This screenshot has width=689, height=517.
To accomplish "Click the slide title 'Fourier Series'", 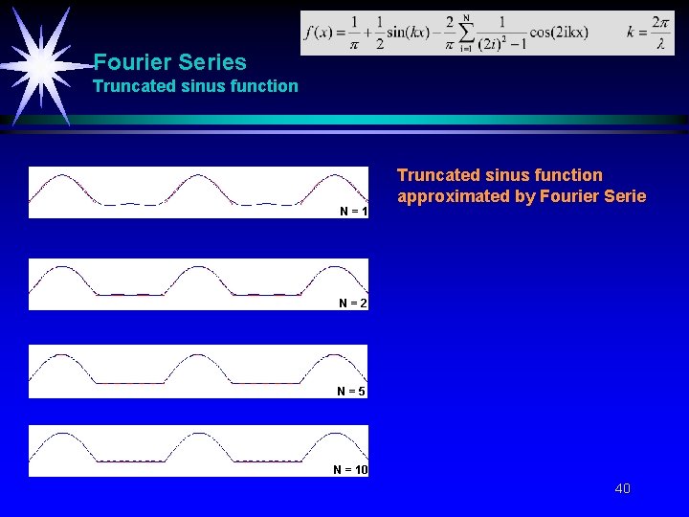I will pyautogui.click(x=169, y=63).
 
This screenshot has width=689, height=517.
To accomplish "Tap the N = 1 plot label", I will pyautogui.click(x=353, y=211).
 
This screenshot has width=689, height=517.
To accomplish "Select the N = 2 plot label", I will pyautogui.click(x=353, y=303).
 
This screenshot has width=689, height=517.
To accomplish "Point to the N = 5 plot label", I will pyautogui.click(x=351, y=392).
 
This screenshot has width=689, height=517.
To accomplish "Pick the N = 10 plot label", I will pyautogui.click(x=350, y=469).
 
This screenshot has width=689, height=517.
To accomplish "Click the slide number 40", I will pyautogui.click(x=622, y=489).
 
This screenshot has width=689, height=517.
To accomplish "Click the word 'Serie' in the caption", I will pyautogui.click(x=624, y=197).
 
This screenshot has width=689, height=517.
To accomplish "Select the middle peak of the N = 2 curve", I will pyautogui.click(x=198, y=267).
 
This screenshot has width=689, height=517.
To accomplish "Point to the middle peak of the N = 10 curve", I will pyautogui.click(x=198, y=433).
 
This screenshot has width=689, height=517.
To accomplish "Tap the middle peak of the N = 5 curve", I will pyautogui.click(x=198, y=353).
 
